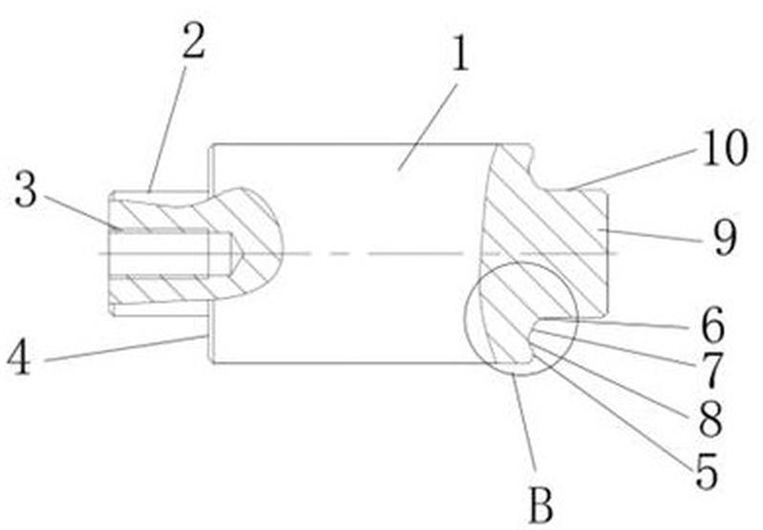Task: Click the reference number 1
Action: click(460, 53)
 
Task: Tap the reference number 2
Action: click(193, 40)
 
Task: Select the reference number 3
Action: click(25, 190)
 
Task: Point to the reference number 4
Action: click(18, 357)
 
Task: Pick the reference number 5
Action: click(707, 471)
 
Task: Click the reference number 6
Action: click(713, 325)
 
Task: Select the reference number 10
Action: click(725, 148)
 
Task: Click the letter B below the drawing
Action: click(540, 506)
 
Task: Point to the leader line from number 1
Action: click(428, 127)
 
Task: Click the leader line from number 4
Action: click(124, 349)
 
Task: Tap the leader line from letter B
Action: click(524, 421)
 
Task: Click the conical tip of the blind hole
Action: click(237, 254)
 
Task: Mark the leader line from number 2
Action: click(168, 130)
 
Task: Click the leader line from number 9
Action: click(651, 234)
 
